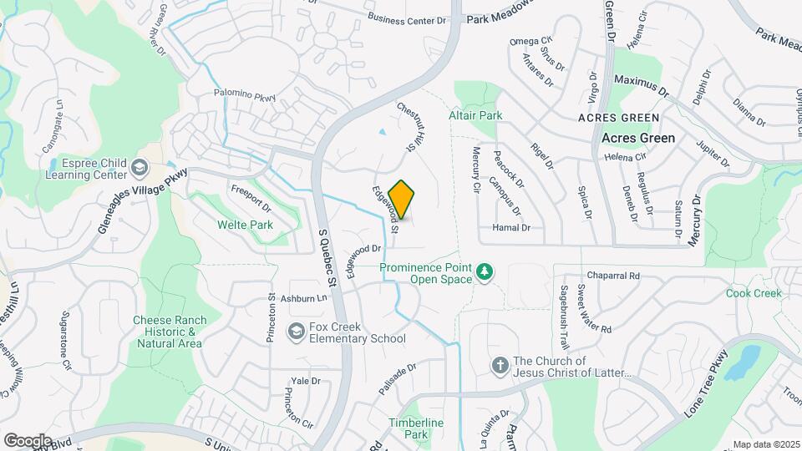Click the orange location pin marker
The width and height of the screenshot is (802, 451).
[402, 200]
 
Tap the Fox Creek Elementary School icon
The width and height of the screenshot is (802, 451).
[295, 332]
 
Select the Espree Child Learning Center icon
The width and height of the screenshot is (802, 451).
[140, 170]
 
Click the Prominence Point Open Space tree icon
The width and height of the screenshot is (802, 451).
[484, 273]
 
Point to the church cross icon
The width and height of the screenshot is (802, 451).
[500, 367]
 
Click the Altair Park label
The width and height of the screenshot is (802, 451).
[475, 114]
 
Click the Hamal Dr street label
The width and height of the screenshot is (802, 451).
[510, 227]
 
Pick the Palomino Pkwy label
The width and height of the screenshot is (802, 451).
[244, 97]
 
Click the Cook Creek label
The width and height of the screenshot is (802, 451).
[753, 293]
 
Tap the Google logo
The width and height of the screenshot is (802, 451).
[27, 440]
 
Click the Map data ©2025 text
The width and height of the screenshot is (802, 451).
[766, 444]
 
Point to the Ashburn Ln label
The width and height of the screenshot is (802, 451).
[302, 298]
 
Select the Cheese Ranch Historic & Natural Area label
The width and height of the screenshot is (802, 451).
[167, 332]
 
